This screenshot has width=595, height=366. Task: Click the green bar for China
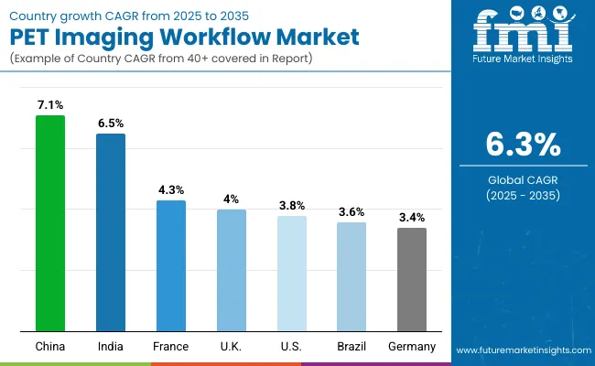point(50,223)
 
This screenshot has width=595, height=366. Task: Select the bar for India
point(111,232)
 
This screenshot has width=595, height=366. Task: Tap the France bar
point(171,265)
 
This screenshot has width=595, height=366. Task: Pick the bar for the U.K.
point(232,270)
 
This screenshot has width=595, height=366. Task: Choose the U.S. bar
point(292,274)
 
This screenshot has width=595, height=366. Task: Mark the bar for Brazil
point(352,276)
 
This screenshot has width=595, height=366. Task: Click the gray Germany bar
point(412,279)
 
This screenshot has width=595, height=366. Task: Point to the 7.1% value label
point(50,103)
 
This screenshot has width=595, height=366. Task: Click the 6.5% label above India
point(111,122)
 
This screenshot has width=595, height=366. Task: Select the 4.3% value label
point(171,188)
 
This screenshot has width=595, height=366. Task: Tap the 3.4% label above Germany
point(412,217)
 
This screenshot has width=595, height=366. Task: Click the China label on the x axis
point(50,347)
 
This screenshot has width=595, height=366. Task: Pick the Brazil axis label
point(352,347)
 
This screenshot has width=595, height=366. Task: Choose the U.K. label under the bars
point(232,347)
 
